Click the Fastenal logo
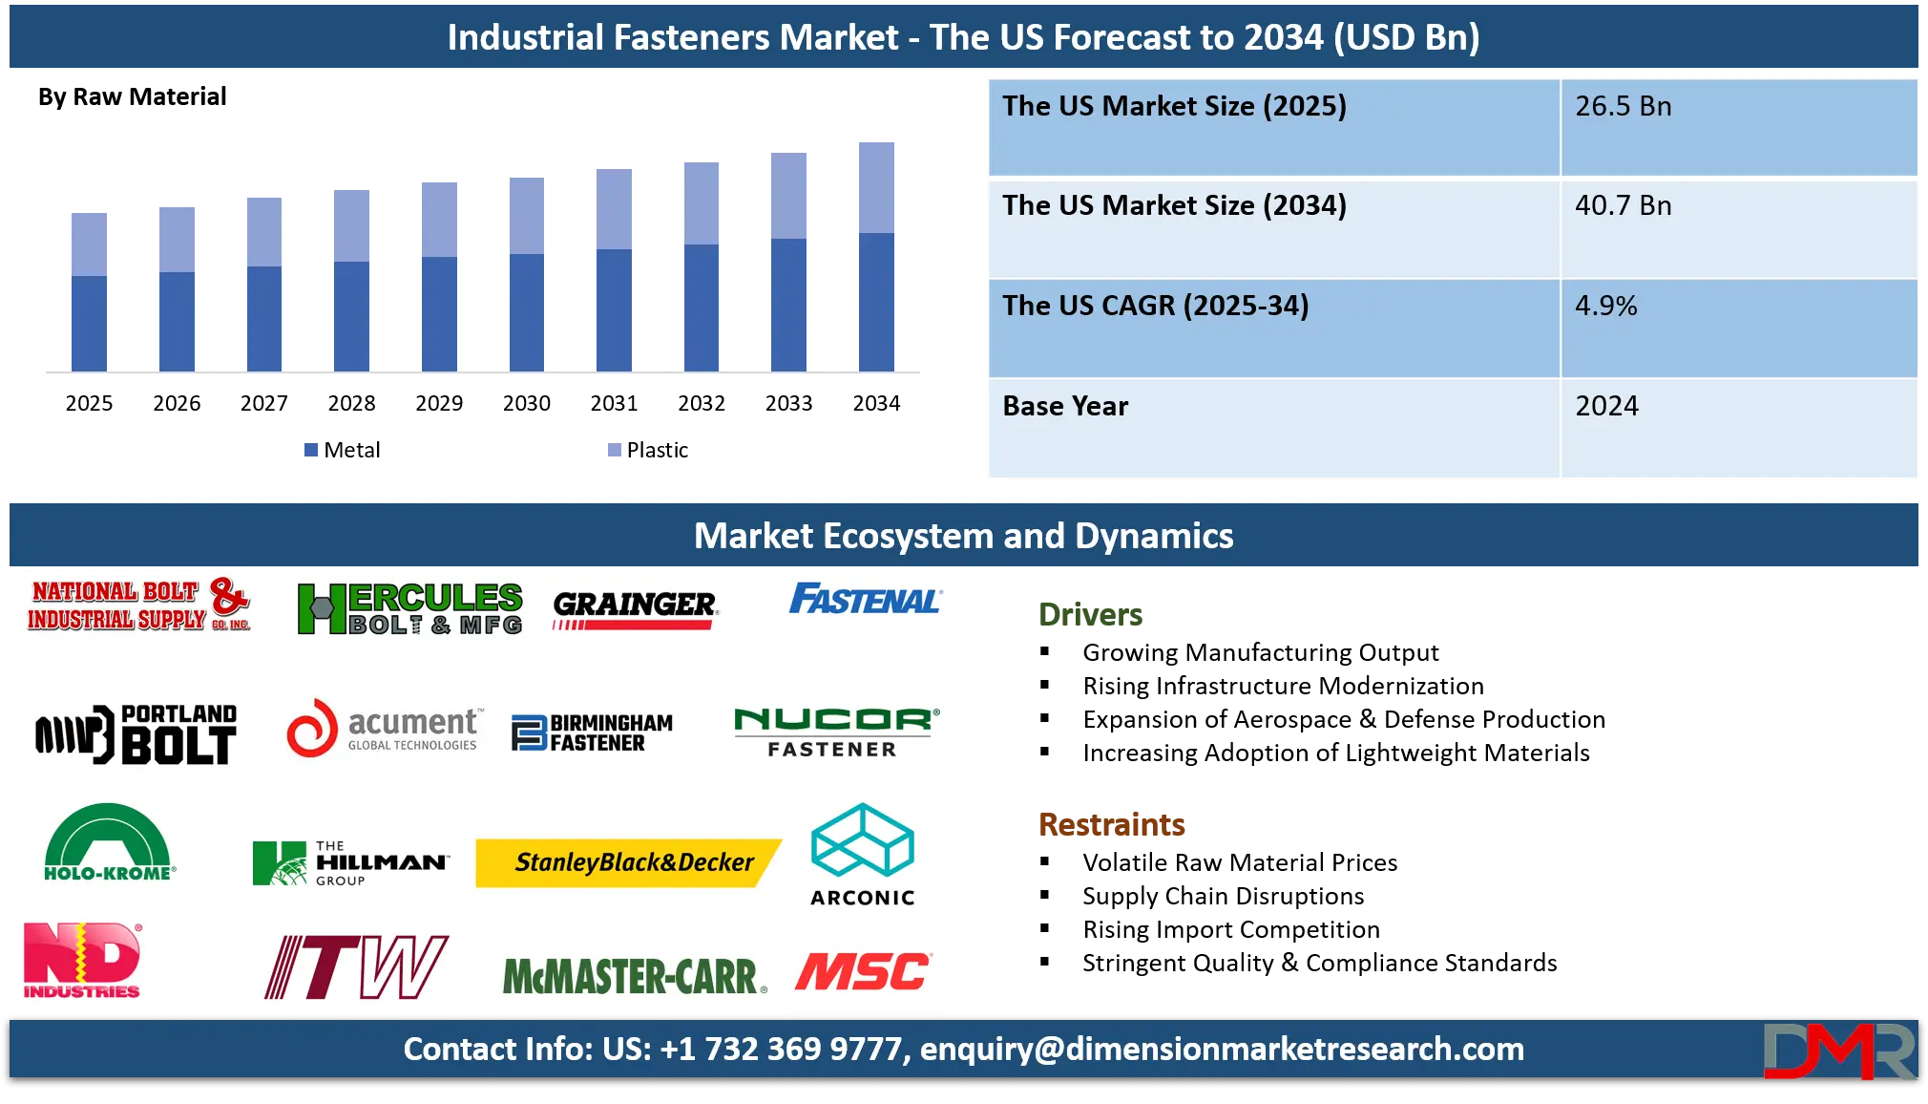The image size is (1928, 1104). (x=864, y=600)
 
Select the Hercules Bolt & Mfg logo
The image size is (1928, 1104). (x=410, y=609)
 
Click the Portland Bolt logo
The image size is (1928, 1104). (x=136, y=733)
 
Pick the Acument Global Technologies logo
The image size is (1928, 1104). (x=385, y=730)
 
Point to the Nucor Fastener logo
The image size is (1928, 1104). (x=836, y=732)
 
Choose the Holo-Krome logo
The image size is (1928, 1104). (x=108, y=841)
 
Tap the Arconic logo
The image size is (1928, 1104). (x=863, y=854)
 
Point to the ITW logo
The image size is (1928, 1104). (x=356, y=966)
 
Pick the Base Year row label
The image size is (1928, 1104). (x=1065, y=407)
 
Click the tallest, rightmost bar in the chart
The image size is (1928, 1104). (x=878, y=254)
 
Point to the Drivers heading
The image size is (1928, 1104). (x=1091, y=612)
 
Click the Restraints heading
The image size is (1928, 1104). (x=1113, y=824)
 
